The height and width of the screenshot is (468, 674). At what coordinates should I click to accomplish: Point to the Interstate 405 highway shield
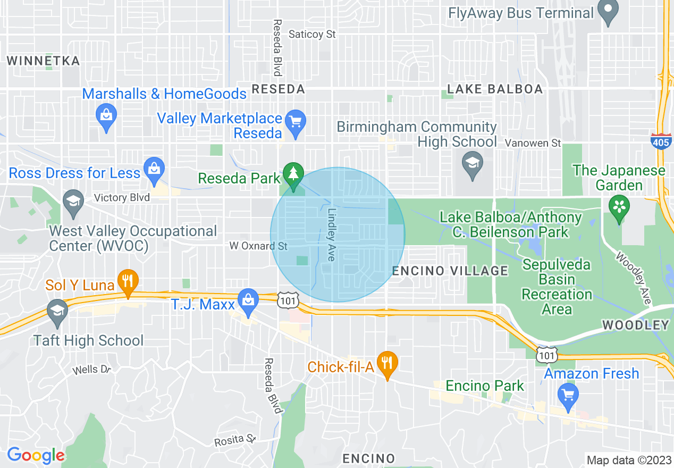660,141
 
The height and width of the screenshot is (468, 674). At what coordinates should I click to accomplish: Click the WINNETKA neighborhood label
44,61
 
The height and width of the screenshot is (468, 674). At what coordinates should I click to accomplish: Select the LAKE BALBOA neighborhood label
495,89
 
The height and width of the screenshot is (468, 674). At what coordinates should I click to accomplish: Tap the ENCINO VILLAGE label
450,271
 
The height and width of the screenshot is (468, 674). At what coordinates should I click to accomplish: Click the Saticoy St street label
312,35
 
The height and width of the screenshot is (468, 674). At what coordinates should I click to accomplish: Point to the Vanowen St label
533,143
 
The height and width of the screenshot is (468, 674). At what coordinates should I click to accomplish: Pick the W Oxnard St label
258,246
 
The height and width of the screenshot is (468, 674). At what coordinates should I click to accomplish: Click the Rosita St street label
235,440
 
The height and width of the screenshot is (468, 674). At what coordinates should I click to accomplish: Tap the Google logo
36,456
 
